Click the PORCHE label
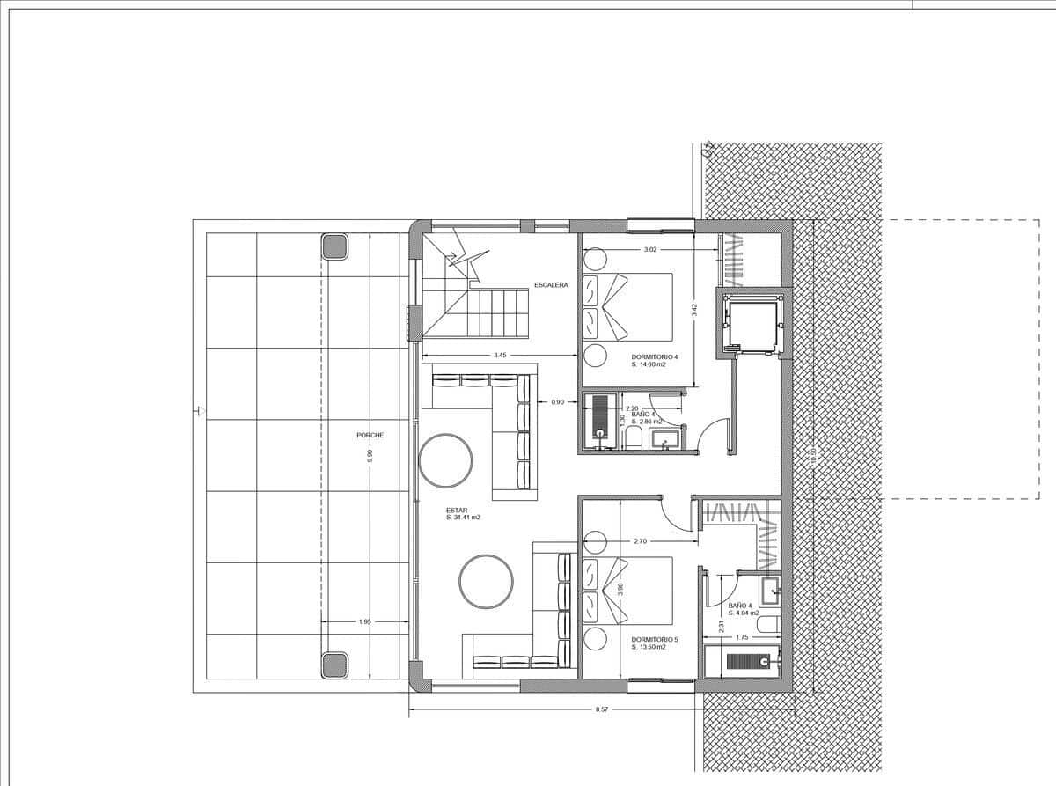pos(370,435)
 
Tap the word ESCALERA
pos(551,285)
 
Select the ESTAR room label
pos(456,509)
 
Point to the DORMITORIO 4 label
pos(655,356)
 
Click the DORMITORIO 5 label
pos(655,639)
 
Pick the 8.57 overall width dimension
pos(602,709)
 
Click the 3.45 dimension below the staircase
pos(500,356)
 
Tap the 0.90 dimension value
pos(557,402)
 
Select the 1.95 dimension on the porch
pos(365,622)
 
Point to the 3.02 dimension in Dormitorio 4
pos(650,250)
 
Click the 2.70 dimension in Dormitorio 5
pos(641,541)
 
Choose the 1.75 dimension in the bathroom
pos(741,637)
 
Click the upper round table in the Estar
pos(445,460)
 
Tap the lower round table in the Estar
pos(486,581)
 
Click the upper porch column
pos(334,246)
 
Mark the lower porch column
pos(334,665)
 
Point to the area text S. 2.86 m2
pos(647,422)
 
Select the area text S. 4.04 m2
pos(744,613)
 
